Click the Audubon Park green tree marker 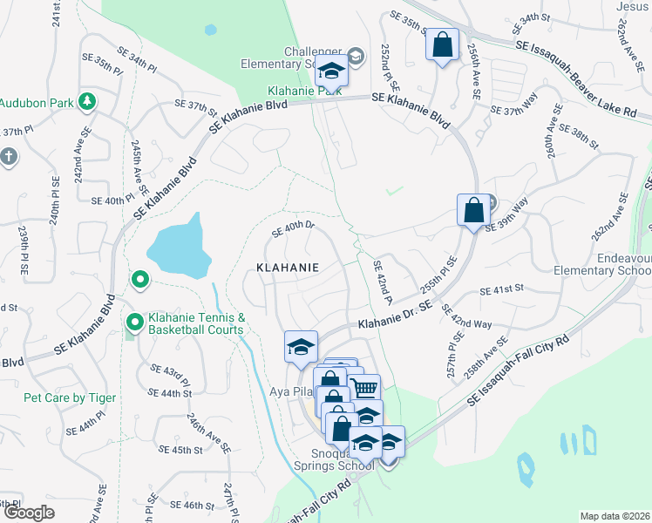point(86,102)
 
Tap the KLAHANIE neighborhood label point(287,268)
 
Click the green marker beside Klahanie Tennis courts point(134,323)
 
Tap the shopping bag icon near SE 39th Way point(473,210)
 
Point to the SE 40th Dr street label point(292,228)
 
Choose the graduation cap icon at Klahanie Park point(331,71)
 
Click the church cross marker point(8,157)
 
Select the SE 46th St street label point(193,506)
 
